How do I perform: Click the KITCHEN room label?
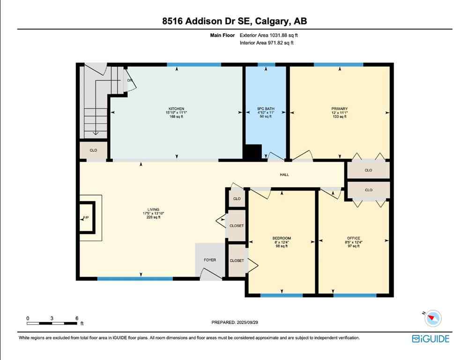177,109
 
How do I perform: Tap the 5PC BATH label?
266,109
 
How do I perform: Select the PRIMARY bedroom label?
340,109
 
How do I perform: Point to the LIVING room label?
153,210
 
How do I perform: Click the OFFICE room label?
354,238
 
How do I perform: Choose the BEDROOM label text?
282,238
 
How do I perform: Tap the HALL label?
284,175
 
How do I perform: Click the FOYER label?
209,260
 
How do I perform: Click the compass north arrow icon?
434,318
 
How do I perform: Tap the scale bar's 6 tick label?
76,318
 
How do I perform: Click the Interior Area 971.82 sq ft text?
266,43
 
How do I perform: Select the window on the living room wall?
135,279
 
